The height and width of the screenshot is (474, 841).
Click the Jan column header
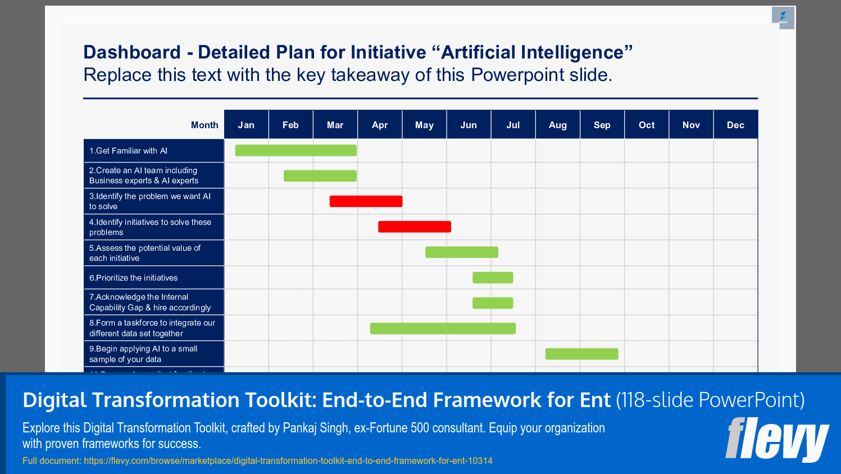[246, 125]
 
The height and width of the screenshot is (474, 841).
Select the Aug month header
[557, 125]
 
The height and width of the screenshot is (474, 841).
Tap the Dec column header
[735, 125]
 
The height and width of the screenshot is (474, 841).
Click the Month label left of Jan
[204, 125]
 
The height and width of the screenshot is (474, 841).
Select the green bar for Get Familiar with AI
[296, 150]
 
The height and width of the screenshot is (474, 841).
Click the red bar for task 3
[366, 201]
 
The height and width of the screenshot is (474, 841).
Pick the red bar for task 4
[415, 227]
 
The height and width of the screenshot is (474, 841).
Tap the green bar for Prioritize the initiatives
[493, 277]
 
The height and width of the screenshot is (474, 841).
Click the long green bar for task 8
[443, 328]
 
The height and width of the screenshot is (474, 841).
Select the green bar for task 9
[581, 354]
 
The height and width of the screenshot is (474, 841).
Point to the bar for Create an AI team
[320, 176]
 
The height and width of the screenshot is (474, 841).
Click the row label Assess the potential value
[145, 253]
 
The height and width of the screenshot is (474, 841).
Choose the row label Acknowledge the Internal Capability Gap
[150, 302]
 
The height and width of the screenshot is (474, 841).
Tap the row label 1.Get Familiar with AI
[129, 151]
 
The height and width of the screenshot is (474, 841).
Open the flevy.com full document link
[288, 461]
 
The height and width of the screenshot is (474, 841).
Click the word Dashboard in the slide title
[132, 52]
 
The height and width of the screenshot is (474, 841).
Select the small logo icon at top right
[783, 17]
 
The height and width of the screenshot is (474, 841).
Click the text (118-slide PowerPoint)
[710, 400]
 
